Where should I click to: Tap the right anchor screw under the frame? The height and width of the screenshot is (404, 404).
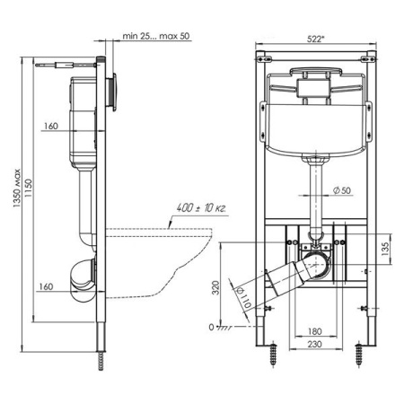(x=361, y=354)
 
